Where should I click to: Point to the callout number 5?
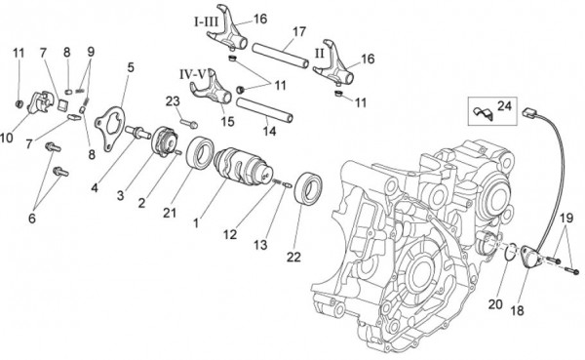coord(131,67)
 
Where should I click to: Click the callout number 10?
coord(8,138)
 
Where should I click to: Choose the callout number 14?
coord(270,130)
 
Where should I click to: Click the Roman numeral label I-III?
coord(207,20)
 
